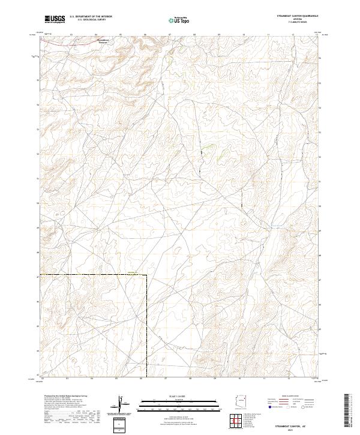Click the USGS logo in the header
coord(55,19)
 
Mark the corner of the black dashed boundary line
coord(146,275)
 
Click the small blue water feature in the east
coord(275,226)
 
